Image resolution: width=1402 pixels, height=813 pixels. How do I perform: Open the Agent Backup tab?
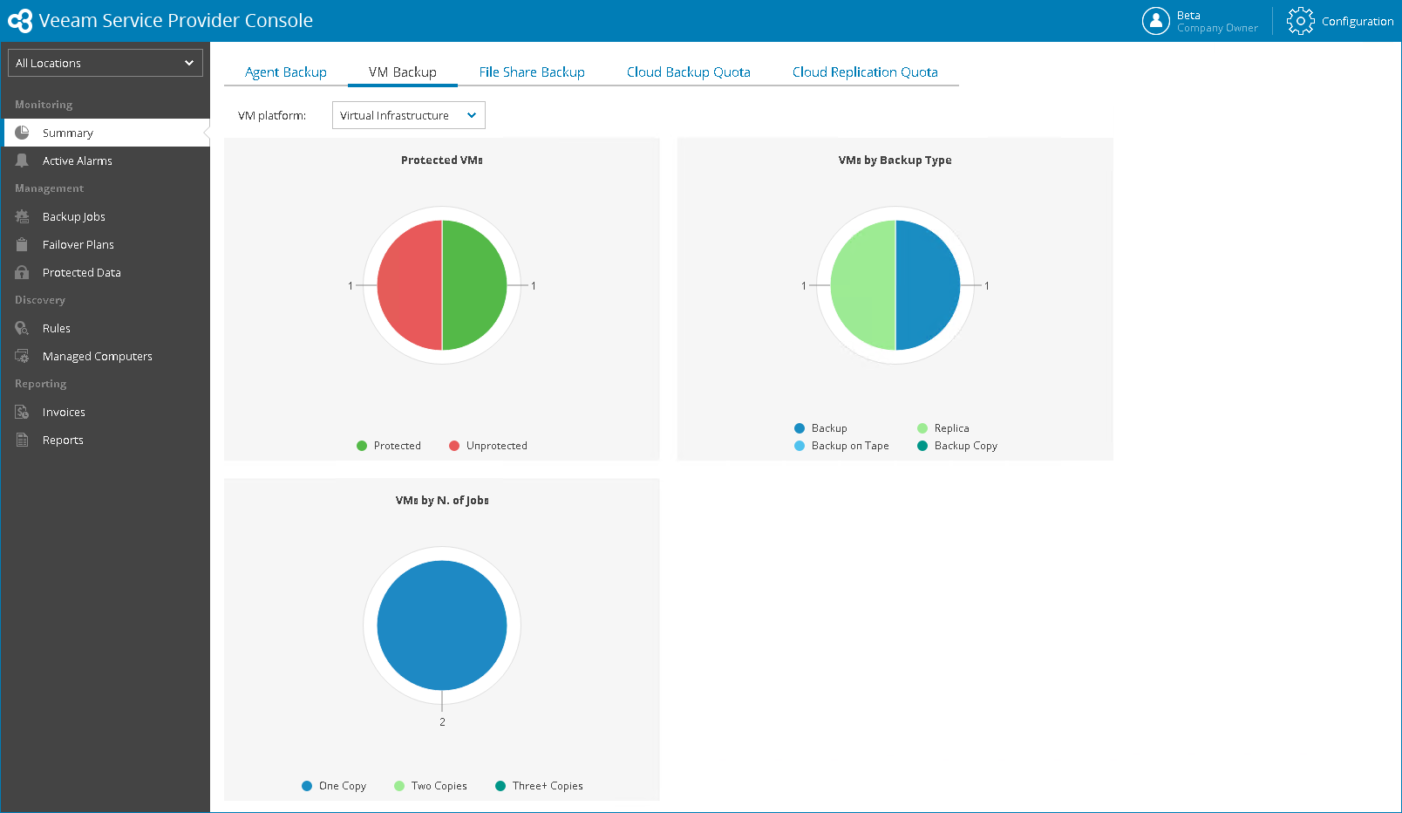click(285, 72)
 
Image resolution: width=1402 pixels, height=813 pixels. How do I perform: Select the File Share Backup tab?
click(531, 72)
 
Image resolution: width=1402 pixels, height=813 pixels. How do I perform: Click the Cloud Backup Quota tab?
click(688, 72)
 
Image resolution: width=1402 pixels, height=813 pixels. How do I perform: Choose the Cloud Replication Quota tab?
click(864, 72)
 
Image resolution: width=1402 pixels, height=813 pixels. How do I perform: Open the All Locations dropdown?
click(105, 63)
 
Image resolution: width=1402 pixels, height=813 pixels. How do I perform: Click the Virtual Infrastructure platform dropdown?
click(408, 115)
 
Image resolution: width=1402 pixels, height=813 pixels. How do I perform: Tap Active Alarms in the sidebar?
click(77, 161)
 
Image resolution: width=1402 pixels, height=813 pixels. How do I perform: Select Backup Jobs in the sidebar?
click(73, 217)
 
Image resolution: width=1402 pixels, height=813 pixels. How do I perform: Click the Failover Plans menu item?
click(78, 245)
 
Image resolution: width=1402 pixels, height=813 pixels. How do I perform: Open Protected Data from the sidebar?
click(81, 273)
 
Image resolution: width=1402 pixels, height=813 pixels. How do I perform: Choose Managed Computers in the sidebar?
click(97, 357)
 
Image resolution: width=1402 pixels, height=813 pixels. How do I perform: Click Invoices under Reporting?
click(64, 413)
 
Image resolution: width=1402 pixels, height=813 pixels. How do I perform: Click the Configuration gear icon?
click(1300, 21)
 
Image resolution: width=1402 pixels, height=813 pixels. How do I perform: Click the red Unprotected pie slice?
click(408, 285)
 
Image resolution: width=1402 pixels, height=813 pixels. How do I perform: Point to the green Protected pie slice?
click(475, 285)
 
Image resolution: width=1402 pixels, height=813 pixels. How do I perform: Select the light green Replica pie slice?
click(861, 285)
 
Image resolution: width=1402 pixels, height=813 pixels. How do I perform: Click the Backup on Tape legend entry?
click(849, 446)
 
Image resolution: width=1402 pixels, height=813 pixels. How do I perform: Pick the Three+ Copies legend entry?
click(547, 786)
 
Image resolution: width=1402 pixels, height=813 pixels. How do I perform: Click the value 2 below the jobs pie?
click(442, 722)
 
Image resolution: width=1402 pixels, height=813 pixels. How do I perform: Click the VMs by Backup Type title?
click(895, 161)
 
